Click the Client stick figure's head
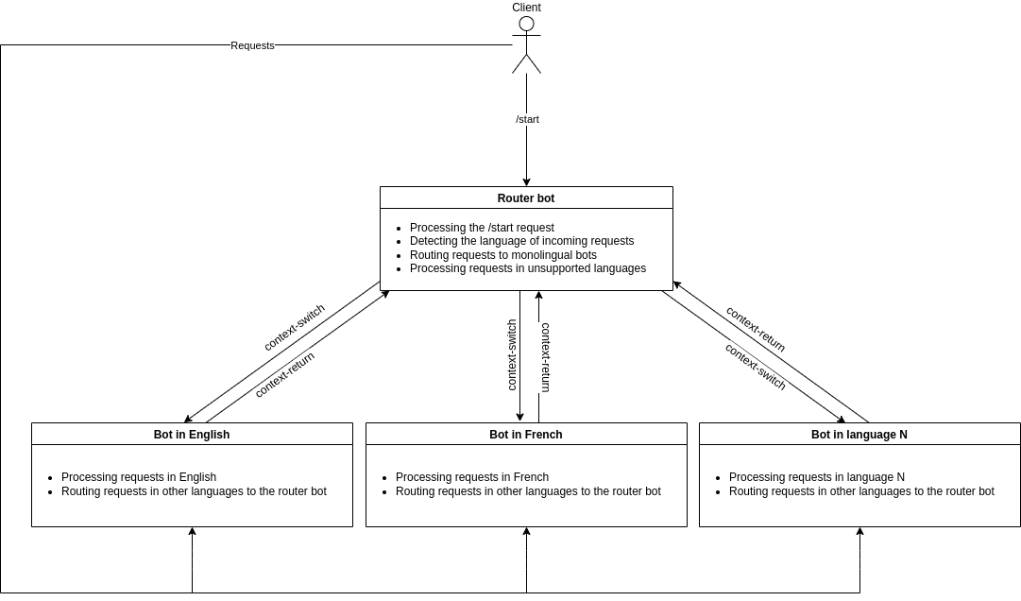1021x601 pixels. pyautogui.click(x=526, y=24)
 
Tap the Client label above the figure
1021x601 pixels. pyautogui.click(x=526, y=8)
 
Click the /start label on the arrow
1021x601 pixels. pyautogui.click(x=527, y=119)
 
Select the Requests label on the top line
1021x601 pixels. pyautogui.click(x=252, y=45)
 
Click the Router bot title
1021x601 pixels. pyautogui.click(x=526, y=198)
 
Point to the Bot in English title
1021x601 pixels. pyautogui.click(x=192, y=435)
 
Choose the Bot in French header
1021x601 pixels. pyautogui.click(x=526, y=435)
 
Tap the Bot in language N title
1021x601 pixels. pyautogui.click(x=859, y=435)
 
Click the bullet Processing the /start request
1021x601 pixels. pyautogui.click(x=482, y=228)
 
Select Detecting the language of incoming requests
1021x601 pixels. pyautogui.click(x=521, y=241)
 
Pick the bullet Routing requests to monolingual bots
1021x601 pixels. pyautogui.click(x=502, y=255)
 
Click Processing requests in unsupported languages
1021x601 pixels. pyautogui.click(x=527, y=268)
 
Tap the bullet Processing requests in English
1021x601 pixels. pyautogui.click(x=139, y=477)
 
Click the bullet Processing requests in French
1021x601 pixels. pyautogui.click(x=472, y=477)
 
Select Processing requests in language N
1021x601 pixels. pyautogui.click(x=816, y=477)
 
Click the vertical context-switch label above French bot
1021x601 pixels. pyautogui.click(x=512, y=354)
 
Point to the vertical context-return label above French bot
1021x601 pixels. pyautogui.click(x=545, y=357)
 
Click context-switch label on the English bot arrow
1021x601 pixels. pyautogui.click(x=294, y=328)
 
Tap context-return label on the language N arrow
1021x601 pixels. pyautogui.click(x=756, y=329)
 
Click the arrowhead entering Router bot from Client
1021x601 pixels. pyautogui.click(x=526, y=182)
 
